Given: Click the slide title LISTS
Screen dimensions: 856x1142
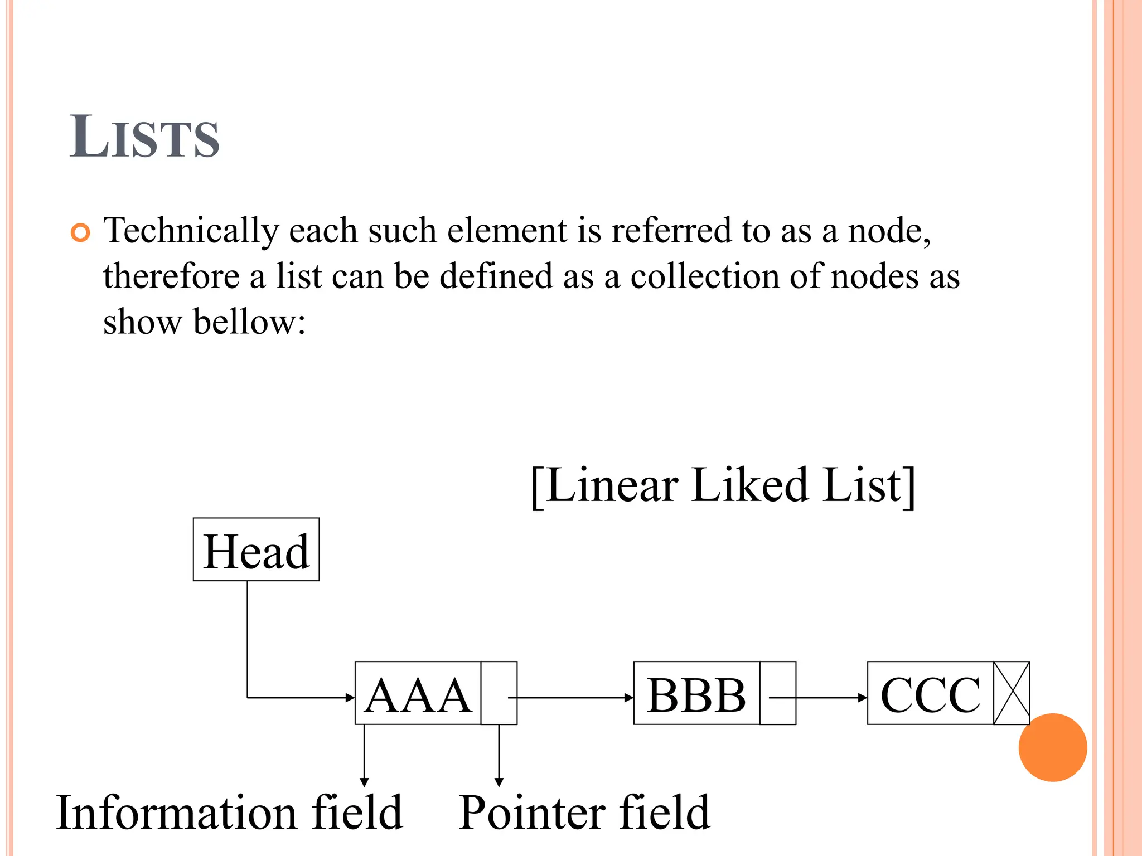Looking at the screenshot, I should [x=144, y=137].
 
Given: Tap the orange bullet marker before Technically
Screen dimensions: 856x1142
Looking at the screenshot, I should [x=80, y=232].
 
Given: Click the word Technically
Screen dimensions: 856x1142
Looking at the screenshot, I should [x=191, y=230].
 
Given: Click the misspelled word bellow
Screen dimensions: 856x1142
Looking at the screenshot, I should [x=249, y=322].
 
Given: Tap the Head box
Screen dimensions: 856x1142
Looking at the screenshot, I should [x=256, y=549].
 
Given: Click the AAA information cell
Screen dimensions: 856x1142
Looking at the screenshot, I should [x=418, y=693].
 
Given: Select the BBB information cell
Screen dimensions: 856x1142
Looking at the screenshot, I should [x=696, y=693].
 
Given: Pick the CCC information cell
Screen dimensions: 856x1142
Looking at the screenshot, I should [x=930, y=693].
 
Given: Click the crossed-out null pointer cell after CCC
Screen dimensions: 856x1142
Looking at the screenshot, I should [x=1012, y=693].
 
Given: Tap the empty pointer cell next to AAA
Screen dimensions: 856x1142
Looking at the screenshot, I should [x=499, y=693].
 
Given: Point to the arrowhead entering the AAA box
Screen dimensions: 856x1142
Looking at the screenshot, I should [x=350, y=697].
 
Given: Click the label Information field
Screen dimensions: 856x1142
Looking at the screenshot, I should [x=229, y=813].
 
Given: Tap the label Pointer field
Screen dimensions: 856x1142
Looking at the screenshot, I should [x=584, y=813].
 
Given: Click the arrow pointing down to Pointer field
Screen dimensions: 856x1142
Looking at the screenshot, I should [x=499, y=758].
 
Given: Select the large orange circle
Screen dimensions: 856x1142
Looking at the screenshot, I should [x=1052, y=747].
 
